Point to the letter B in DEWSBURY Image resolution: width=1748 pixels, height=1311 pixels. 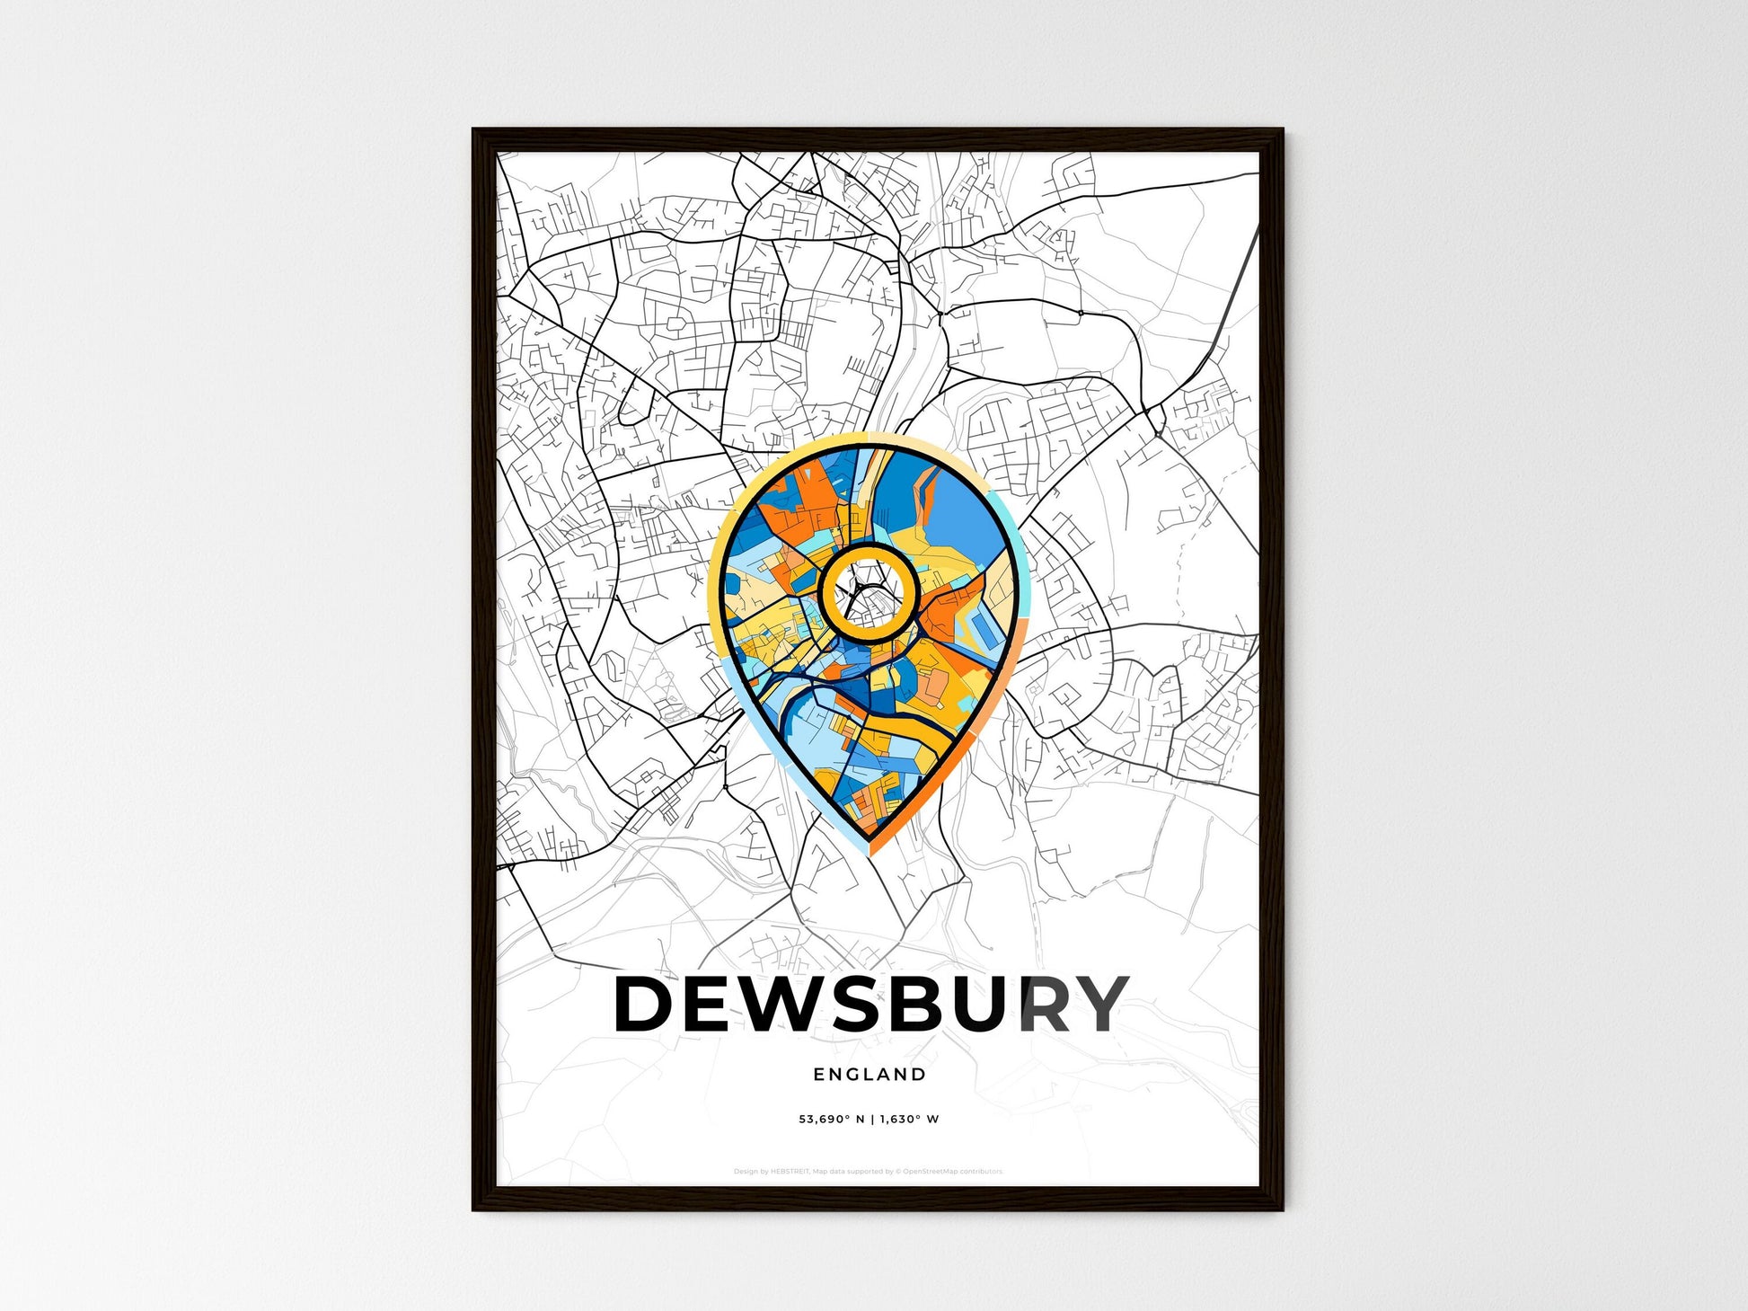pos(927,1004)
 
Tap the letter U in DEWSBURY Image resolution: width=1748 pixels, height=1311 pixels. pos(985,1004)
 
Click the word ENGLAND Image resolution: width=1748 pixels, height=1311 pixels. pos(869,1074)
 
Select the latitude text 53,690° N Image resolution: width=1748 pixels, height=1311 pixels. pos(831,1120)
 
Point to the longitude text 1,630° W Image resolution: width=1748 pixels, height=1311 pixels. pos(909,1120)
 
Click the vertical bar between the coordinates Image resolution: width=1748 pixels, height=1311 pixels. pos(872,1120)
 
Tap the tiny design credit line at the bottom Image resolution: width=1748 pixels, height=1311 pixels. pos(868,1172)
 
